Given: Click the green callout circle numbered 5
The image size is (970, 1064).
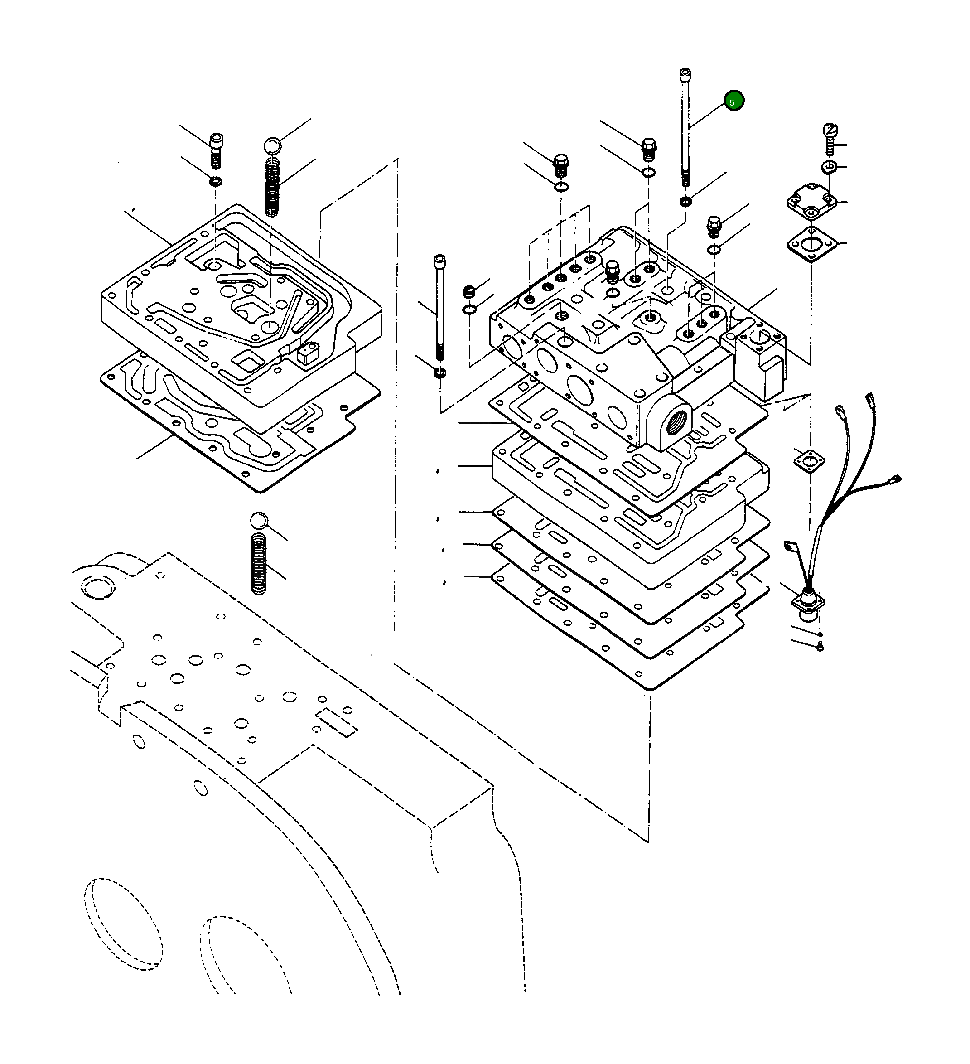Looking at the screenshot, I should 734,101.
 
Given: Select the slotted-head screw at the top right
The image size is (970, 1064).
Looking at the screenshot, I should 830,139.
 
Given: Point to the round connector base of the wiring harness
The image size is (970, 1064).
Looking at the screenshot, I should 807,602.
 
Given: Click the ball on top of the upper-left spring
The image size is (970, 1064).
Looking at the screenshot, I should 272,145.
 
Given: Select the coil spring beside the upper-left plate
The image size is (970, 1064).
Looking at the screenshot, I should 271,187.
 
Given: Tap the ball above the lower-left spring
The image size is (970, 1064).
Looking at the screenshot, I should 259,520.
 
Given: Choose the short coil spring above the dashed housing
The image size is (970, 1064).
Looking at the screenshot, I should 259,563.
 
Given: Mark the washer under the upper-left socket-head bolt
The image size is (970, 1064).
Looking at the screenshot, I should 215,182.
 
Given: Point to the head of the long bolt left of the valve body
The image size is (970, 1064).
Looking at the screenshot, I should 439,260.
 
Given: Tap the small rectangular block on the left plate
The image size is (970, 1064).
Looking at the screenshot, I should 308,352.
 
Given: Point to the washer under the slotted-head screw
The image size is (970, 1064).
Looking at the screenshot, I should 829,167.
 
